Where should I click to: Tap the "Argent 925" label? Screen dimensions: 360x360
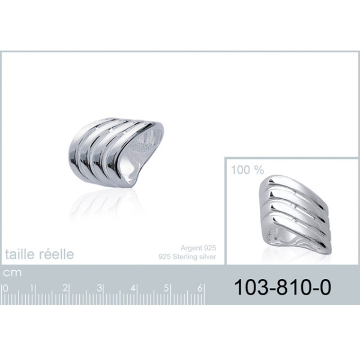coord(198,248)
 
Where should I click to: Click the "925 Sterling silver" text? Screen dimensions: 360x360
coord(187,256)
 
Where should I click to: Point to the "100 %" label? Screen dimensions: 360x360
coord(247,170)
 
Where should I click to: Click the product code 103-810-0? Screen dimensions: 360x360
coord(283,287)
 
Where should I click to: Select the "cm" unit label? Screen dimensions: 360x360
coord(12,273)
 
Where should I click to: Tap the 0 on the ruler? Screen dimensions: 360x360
coord(5,289)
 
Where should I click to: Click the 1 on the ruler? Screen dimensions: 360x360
coord(32,289)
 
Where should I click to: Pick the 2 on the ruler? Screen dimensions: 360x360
coord(65,288)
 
